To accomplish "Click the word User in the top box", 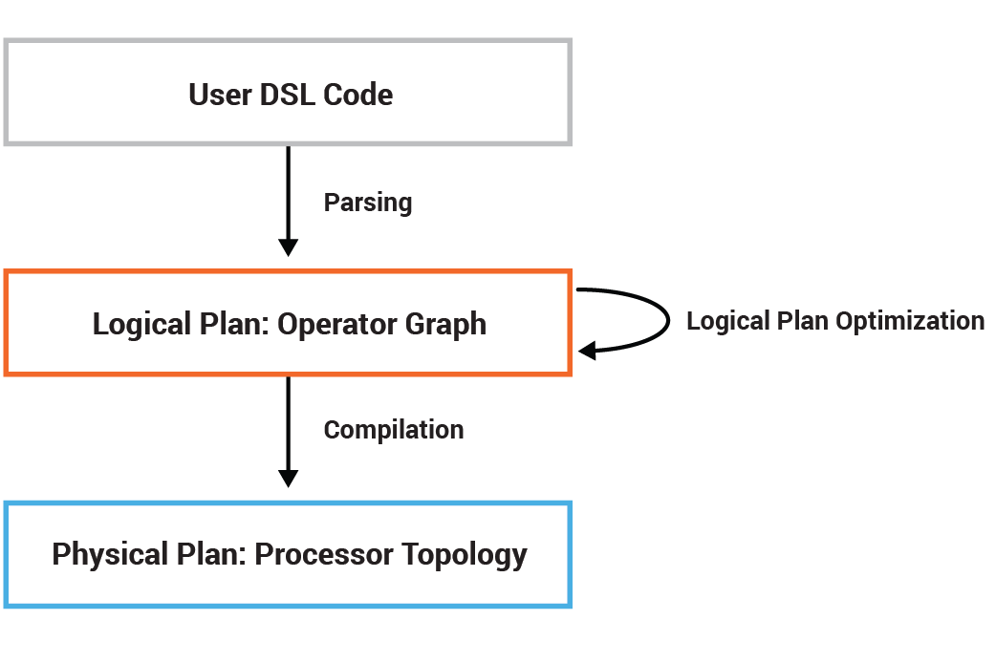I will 220,96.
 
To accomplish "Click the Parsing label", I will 368,203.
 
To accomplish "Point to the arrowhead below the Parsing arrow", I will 288,246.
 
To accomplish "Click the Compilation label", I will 394,430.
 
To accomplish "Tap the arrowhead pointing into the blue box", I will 288,477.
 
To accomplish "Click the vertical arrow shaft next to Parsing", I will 288,191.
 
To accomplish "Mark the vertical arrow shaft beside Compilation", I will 288,420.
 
